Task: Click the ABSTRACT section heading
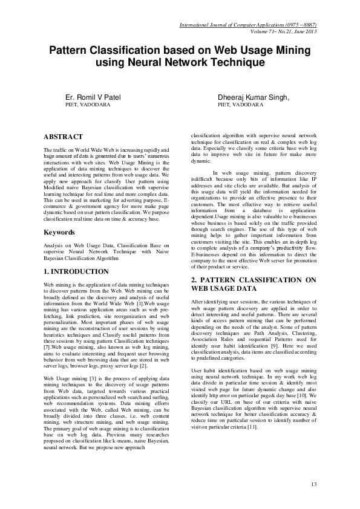coord(64,137)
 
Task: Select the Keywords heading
coord(61,232)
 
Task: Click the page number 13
coord(313,485)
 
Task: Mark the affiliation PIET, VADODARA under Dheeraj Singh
coord(240,105)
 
